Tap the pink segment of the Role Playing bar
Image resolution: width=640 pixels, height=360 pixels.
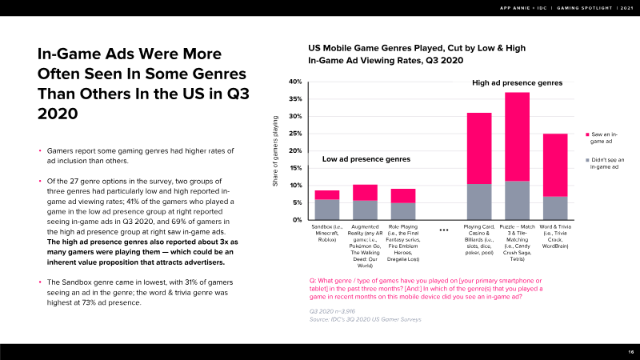[x=402, y=195]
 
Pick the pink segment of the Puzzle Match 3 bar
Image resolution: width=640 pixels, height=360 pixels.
[x=517, y=136]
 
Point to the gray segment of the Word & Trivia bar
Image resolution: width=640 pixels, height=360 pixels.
[x=554, y=207]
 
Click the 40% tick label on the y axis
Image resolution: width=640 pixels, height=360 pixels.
[x=294, y=82]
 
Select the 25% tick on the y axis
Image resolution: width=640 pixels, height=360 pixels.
[x=294, y=134]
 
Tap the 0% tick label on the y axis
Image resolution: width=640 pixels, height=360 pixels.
[x=296, y=220]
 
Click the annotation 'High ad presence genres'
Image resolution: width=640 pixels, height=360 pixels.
[x=518, y=82]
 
